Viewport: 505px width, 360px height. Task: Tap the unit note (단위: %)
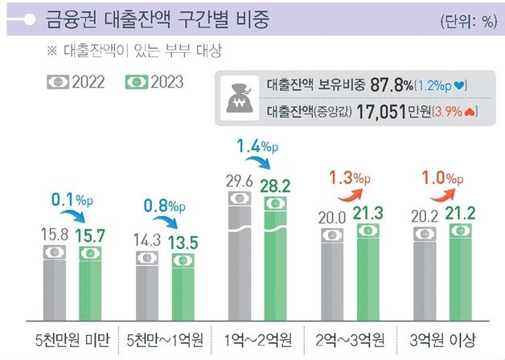466,21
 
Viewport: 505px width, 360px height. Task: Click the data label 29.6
240,181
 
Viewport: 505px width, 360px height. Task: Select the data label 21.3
368,214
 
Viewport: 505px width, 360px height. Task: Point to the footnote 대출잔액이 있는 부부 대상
141,51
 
